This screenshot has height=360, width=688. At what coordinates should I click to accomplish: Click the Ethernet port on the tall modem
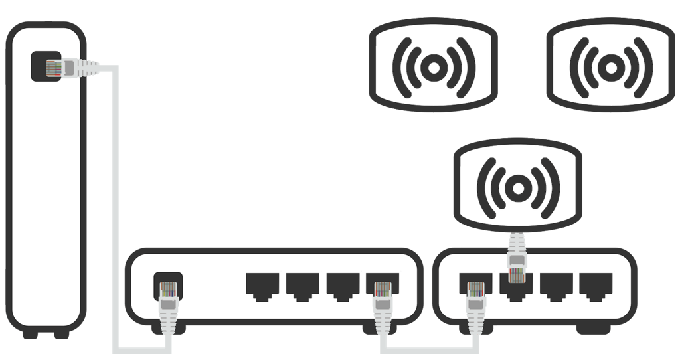(42, 66)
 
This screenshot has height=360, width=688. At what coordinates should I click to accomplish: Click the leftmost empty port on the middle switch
(262, 284)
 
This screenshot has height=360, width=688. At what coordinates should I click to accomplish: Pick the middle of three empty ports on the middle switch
(303, 284)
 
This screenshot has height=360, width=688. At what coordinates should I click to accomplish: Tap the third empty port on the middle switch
(343, 284)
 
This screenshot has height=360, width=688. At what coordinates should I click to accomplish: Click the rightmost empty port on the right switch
(596, 284)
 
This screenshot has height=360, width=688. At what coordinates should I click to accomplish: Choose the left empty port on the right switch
(556, 284)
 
